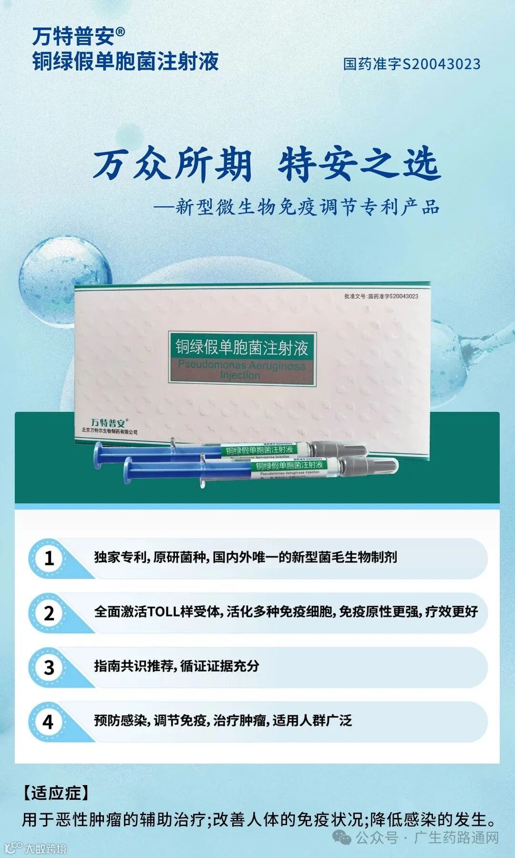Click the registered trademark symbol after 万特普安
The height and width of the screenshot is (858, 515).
pyautogui.click(x=120, y=32)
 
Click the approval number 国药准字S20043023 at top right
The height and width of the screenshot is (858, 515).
pyautogui.click(x=412, y=64)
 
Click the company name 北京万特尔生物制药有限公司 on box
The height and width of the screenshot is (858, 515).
pyautogui.click(x=110, y=432)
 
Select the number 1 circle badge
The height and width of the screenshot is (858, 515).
pyautogui.click(x=49, y=558)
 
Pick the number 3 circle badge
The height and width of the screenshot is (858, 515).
pyautogui.click(x=49, y=667)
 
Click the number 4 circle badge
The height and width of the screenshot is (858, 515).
pyautogui.click(x=49, y=722)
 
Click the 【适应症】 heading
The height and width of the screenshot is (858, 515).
pyautogui.click(x=56, y=793)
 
